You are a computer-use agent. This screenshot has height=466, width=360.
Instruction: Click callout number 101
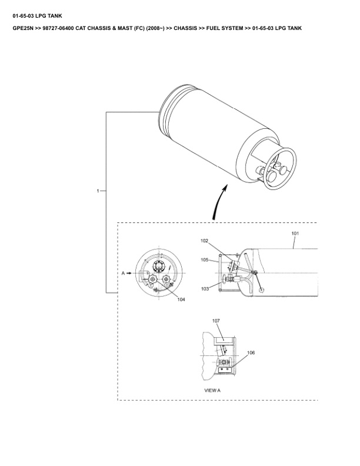point(295,234)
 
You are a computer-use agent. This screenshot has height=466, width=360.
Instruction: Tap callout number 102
point(204,241)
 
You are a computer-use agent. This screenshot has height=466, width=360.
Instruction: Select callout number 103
point(205,289)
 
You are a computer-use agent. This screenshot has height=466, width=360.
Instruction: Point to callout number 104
point(181,299)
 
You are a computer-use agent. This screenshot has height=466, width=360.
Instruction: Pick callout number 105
point(204,259)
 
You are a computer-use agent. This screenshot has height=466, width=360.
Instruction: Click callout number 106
point(251,352)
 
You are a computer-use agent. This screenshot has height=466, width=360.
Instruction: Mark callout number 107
point(216,321)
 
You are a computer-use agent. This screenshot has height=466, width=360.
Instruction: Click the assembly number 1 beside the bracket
point(98,191)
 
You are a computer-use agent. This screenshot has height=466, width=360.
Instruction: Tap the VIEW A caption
point(212,390)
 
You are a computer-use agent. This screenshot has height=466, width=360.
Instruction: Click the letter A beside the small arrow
point(123,273)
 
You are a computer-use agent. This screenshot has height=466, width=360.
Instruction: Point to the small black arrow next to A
point(129,273)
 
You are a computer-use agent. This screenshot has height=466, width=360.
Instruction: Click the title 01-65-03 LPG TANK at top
point(38,16)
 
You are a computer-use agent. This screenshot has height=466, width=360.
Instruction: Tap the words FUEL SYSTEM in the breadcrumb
point(225,28)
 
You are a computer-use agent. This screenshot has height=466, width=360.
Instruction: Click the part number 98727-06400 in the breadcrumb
point(58,28)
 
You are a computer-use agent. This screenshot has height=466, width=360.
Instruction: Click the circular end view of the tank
point(159,273)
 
